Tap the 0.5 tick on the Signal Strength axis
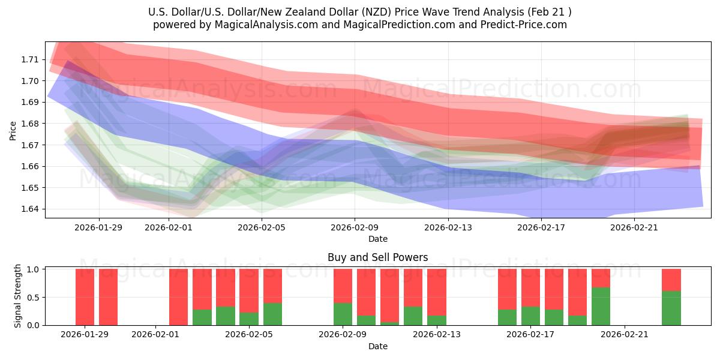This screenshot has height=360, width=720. tap(34, 297)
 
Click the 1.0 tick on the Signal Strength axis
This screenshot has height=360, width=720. tap(34, 269)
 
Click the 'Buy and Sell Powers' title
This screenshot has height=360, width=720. tap(377, 257)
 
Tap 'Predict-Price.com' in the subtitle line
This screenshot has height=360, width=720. tap(525, 25)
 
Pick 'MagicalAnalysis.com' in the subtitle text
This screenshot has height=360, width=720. tap(263, 25)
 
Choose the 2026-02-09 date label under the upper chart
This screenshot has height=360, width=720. tap(355, 227)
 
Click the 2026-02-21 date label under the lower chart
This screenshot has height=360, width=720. tap(625, 335)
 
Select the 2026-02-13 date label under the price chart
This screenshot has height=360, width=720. tap(448, 227)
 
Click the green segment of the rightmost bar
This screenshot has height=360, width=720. tap(671, 308)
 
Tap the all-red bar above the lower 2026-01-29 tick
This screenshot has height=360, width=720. tap(85, 297)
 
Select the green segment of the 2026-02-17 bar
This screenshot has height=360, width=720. tap(531, 316)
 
